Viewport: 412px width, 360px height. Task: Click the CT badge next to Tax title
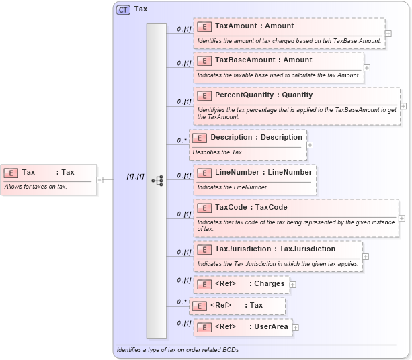124,9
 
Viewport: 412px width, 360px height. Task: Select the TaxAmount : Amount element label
254,26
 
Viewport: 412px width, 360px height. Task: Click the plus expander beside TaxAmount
388,32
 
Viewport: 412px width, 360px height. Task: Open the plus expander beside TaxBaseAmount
367,67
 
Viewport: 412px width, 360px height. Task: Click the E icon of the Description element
199,138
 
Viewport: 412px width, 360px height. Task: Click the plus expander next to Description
310,144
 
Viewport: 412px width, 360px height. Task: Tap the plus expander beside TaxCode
402,218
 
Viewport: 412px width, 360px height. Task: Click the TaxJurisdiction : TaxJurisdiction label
275,249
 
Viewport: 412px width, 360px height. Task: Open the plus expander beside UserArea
295,327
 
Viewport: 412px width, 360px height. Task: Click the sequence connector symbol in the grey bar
157,181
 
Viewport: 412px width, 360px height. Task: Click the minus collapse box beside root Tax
99,179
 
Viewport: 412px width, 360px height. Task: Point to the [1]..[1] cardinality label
135,177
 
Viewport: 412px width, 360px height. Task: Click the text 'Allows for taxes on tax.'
36,187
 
